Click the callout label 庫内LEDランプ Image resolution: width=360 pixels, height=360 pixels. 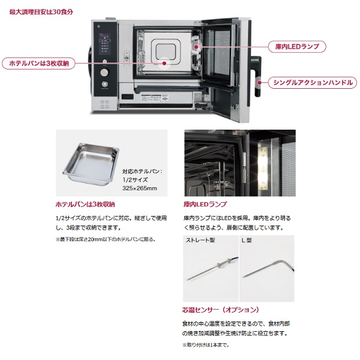pos(297,47)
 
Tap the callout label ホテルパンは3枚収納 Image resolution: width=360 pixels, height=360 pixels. pos(38,64)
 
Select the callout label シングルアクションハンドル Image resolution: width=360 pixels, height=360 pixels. pos(313,83)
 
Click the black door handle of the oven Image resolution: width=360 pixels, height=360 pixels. pos(258,76)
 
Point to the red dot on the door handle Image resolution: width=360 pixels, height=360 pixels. pos(259,83)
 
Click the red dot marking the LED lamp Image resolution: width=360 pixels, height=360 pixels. pos(196,47)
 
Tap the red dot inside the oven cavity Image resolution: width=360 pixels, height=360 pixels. pos(164,64)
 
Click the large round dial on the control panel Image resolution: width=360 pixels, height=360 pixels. pos(104,73)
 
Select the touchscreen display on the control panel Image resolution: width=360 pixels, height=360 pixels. pos(105,44)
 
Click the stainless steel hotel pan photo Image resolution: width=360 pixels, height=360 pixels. pos(91,163)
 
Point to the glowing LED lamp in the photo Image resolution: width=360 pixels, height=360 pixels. pos(263,167)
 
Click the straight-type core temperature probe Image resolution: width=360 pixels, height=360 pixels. pos(212,269)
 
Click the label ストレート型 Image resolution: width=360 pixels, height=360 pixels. pos(200,241)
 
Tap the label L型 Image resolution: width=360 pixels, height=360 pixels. pos(247,241)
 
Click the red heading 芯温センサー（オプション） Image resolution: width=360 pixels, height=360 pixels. pos(220,310)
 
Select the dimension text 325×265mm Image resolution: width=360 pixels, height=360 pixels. pos(140,188)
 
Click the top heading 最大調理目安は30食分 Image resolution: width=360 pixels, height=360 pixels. pos(41,12)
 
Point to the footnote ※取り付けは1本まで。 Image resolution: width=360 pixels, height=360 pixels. pos(206,345)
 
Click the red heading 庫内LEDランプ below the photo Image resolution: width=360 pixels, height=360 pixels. pos(205,204)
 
